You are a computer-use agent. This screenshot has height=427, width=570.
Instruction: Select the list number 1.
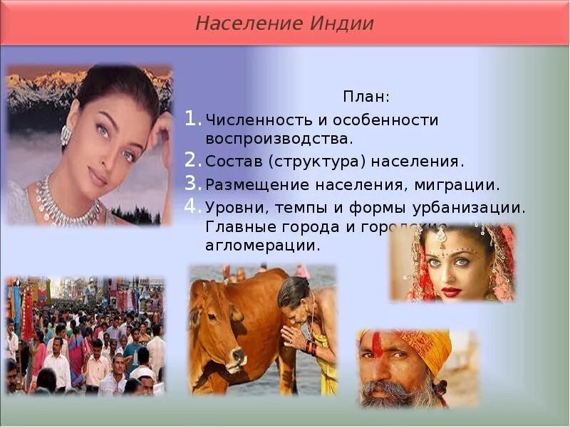point(192,119)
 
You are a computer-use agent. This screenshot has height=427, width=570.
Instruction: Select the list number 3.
point(192,184)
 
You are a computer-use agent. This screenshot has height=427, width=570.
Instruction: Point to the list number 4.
point(192,207)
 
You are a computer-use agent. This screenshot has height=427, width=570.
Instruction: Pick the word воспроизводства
point(279,137)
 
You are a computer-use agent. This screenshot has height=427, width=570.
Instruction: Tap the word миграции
point(461,184)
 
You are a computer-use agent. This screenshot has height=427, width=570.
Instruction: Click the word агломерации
point(262,246)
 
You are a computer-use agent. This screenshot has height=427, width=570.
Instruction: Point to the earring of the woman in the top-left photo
point(66,135)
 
